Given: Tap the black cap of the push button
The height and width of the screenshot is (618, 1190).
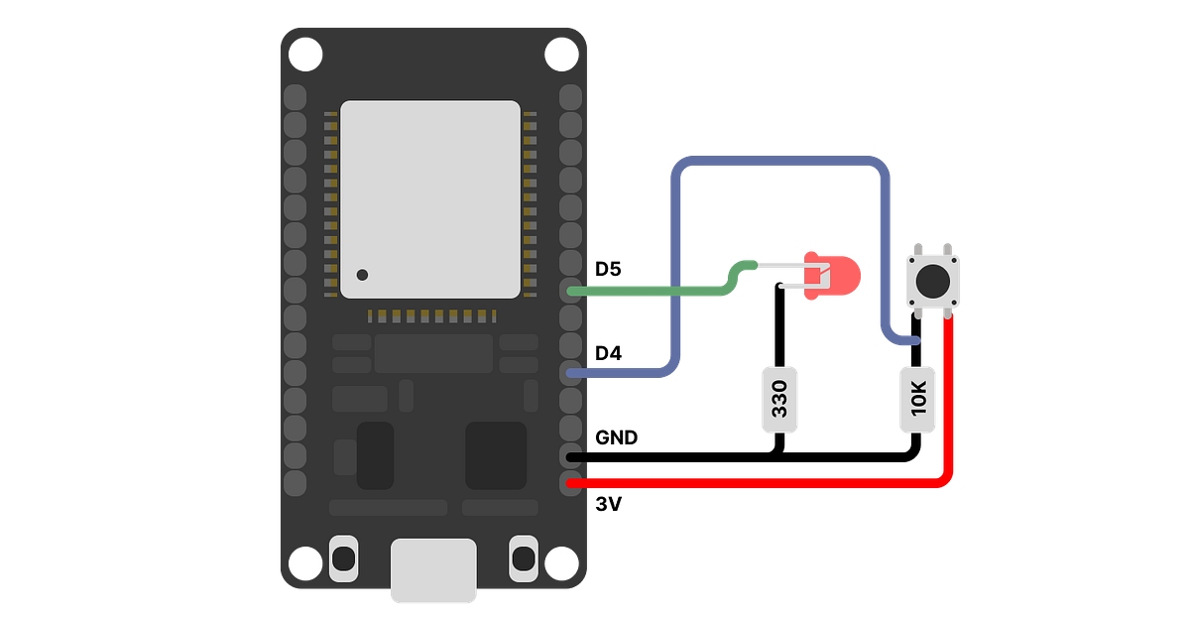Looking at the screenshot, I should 932,281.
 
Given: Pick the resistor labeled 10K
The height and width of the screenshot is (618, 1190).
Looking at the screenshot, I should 917,400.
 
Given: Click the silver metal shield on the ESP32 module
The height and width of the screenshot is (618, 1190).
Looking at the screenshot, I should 430,198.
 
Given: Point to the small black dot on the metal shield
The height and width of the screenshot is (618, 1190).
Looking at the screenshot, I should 363,275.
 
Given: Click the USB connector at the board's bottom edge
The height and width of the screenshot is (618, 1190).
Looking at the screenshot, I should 433,570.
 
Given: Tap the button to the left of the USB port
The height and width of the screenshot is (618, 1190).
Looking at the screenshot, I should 343,558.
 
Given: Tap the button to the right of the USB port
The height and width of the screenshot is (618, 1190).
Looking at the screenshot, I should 523,558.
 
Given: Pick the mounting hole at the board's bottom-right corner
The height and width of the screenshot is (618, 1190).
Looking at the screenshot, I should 560,562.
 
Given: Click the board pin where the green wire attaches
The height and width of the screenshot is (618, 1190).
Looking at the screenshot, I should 571,291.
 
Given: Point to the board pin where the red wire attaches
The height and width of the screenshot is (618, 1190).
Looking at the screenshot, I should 571,483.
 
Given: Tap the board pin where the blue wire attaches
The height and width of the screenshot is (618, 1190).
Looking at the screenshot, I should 571,373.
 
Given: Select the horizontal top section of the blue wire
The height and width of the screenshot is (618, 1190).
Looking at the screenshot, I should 778,161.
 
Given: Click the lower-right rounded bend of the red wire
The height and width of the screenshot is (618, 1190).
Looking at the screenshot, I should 948,477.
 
